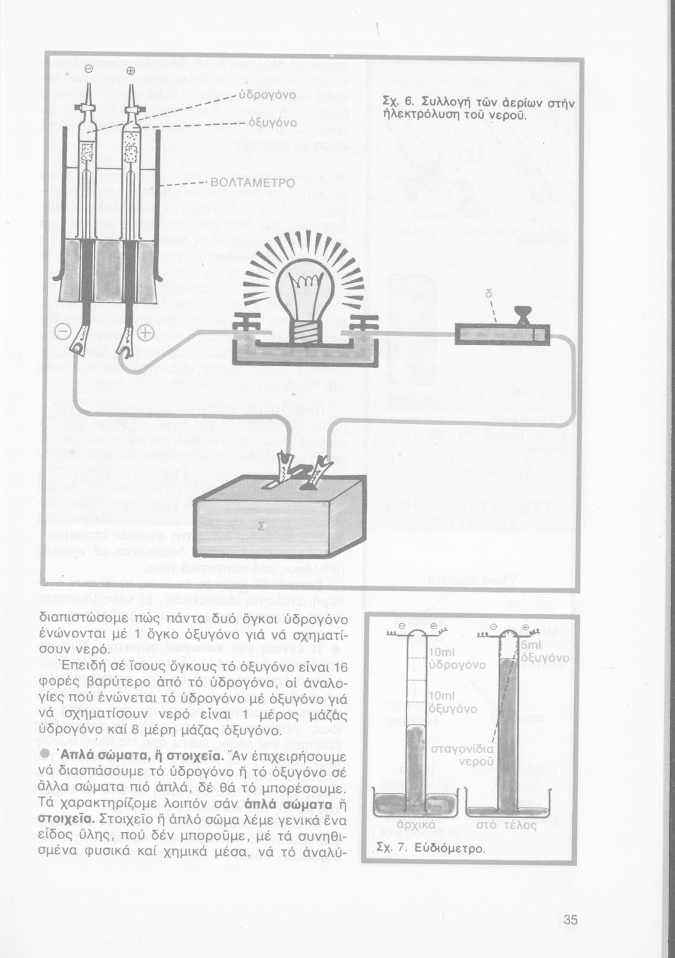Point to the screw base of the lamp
coord(307,330)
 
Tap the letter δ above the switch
coord(489,295)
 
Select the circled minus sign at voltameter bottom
coord(64,333)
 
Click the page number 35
coord(571,920)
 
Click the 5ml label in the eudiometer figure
coord(531,645)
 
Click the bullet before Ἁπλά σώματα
coord(45,755)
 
